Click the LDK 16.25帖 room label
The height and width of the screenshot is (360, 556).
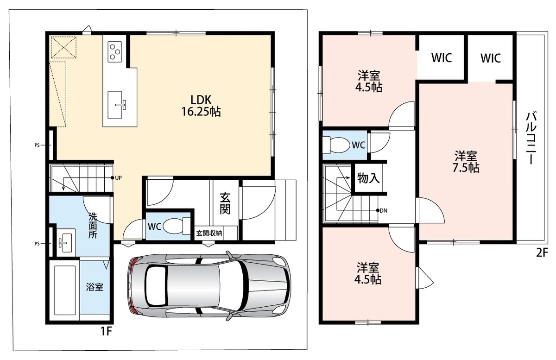201,106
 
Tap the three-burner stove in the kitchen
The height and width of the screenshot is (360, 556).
115,52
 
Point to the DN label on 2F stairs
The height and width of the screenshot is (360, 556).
383,210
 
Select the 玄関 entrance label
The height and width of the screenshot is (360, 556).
225,203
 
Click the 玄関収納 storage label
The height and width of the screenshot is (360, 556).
209,234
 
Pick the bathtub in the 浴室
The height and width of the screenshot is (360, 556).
64,291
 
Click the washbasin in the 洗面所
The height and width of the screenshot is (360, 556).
65,242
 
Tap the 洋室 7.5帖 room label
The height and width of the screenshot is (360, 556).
466,162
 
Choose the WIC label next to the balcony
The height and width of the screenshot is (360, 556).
491,58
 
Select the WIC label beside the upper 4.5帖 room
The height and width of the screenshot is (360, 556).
442,58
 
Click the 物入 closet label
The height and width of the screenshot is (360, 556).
368,178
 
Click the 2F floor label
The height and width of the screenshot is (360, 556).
542,253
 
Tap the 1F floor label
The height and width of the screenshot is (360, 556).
106,331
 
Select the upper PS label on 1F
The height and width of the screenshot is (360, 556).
37,145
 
